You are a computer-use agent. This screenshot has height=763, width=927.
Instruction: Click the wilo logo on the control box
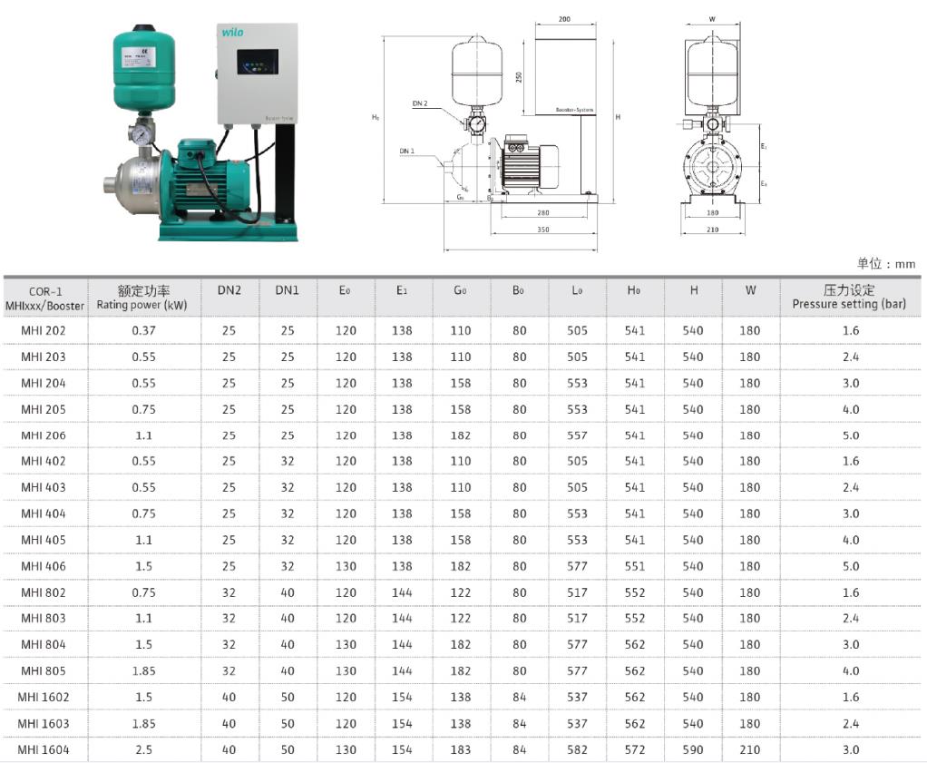(x=232, y=32)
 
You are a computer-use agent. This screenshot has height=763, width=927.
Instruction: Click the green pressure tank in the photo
(x=143, y=68)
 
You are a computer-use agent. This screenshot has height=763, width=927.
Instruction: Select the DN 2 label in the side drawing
(x=420, y=103)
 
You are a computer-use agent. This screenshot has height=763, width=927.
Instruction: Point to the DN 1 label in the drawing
(x=406, y=151)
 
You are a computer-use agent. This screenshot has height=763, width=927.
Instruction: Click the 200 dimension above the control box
(x=564, y=19)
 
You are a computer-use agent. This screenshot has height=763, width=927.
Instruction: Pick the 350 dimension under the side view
(x=542, y=229)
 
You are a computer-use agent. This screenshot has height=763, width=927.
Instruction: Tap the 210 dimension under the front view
(x=712, y=229)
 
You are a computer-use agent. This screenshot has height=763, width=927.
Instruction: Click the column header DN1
(x=288, y=290)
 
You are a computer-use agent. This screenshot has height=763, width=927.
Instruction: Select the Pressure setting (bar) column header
(x=849, y=304)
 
